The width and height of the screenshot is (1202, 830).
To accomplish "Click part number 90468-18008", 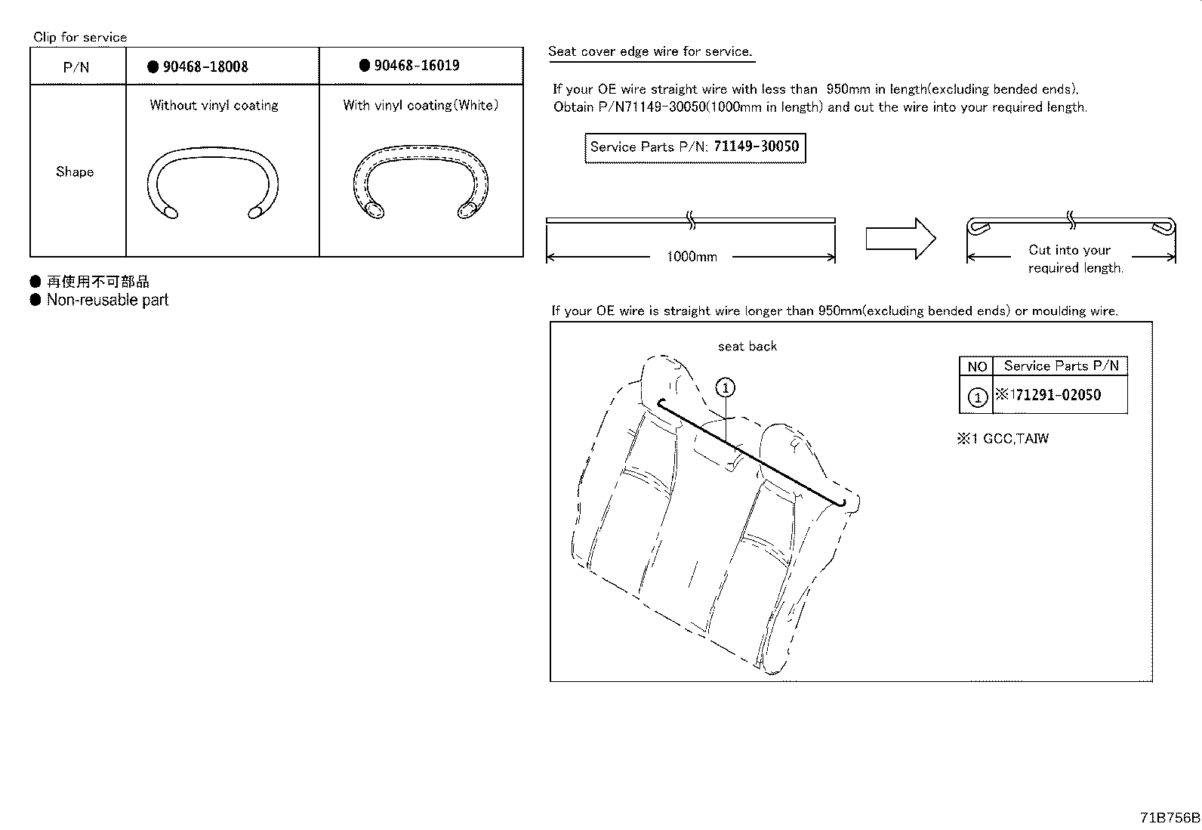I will pyautogui.click(x=205, y=66).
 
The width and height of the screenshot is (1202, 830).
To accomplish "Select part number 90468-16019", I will pyautogui.click(x=417, y=66).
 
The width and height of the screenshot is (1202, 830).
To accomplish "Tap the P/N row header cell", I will pyautogui.click(x=76, y=67).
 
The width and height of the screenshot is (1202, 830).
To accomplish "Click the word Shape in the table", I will pyautogui.click(x=75, y=171).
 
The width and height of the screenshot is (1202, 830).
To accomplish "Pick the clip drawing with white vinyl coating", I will pyautogui.click(x=421, y=185).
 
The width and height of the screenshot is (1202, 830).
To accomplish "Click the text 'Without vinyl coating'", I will pyautogui.click(x=214, y=106).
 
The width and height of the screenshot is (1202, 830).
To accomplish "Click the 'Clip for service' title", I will pyautogui.click(x=80, y=37).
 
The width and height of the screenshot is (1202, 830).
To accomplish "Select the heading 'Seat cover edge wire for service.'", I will pyautogui.click(x=650, y=51).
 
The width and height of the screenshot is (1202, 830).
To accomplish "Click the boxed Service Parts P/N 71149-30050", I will pyautogui.click(x=695, y=147).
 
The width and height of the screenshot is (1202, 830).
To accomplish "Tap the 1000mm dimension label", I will pyautogui.click(x=692, y=257).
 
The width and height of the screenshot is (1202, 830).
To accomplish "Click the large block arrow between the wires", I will pyautogui.click(x=900, y=239).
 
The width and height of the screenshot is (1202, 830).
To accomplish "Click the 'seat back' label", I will pyautogui.click(x=747, y=347).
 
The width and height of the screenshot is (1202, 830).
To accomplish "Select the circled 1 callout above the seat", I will pyautogui.click(x=725, y=388).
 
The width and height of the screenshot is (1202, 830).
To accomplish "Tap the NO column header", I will pyautogui.click(x=977, y=366).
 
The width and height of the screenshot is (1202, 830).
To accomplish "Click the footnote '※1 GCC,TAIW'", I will pyautogui.click(x=1003, y=439).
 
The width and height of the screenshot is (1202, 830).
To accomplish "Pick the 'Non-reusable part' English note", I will pyautogui.click(x=107, y=300).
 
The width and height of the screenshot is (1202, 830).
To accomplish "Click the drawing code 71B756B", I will pyautogui.click(x=1170, y=818).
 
